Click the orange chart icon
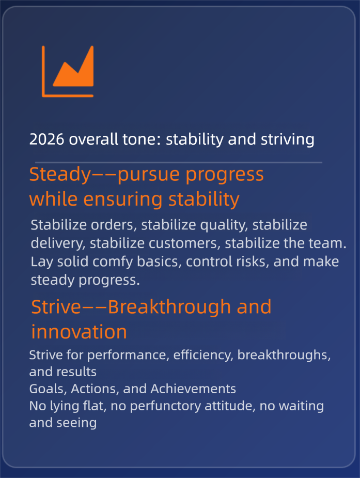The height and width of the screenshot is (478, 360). tap(68, 72)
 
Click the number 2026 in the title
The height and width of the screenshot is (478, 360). tap(46, 140)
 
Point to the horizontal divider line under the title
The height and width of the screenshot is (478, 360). tap(179, 162)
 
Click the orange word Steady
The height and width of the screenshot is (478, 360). tap(60, 175)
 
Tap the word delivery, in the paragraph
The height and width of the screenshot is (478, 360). tap(58, 244)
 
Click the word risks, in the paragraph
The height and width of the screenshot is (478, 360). tap(252, 261)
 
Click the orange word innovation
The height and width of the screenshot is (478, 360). tap(79, 332)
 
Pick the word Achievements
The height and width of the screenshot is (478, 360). tap(193, 389)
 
